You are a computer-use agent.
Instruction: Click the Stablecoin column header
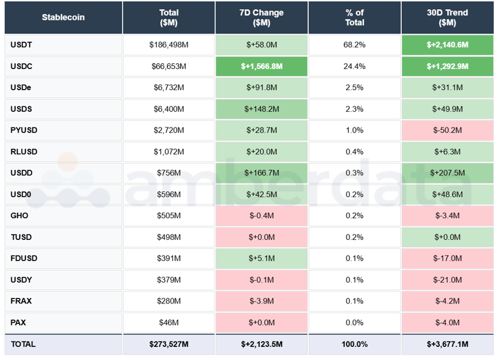point(63,17)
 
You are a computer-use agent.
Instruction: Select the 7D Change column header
point(262,17)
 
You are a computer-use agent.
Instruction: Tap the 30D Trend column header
point(447,17)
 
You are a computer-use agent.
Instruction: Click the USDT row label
point(21,45)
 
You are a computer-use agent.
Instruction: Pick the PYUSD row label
point(23,131)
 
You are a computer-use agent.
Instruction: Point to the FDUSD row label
point(23,258)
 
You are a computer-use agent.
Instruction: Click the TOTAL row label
point(23,344)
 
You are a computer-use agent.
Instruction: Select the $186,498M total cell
point(168,45)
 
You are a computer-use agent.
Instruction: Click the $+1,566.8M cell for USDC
point(262,67)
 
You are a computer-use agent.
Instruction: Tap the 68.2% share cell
point(355,45)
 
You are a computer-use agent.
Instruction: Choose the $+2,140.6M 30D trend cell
point(447,45)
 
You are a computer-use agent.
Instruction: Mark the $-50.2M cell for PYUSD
point(447,131)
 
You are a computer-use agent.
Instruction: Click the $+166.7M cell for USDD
point(262,173)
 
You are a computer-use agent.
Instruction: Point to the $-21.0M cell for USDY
point(447,280)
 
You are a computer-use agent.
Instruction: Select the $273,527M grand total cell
point(168,344)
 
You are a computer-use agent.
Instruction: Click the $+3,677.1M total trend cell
point(447,344)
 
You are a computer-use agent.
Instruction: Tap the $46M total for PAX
point(168,323)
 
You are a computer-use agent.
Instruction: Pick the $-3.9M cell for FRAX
point(262,301)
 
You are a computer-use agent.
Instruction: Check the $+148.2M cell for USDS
point(262,109)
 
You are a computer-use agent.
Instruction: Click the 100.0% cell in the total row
point(355,344)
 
